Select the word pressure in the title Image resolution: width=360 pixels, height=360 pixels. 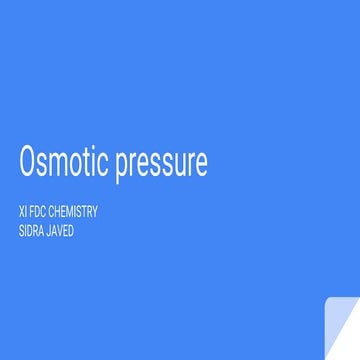pyautogui.click(x=161, y=165)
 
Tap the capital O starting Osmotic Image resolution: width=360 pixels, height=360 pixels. pyautogui.click(x=28, y=162)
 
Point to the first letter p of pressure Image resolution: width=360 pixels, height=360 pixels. pyautogui.click(x=122, y=166)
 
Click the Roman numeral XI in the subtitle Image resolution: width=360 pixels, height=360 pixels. pyautogui.click(x=23, y=212)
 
